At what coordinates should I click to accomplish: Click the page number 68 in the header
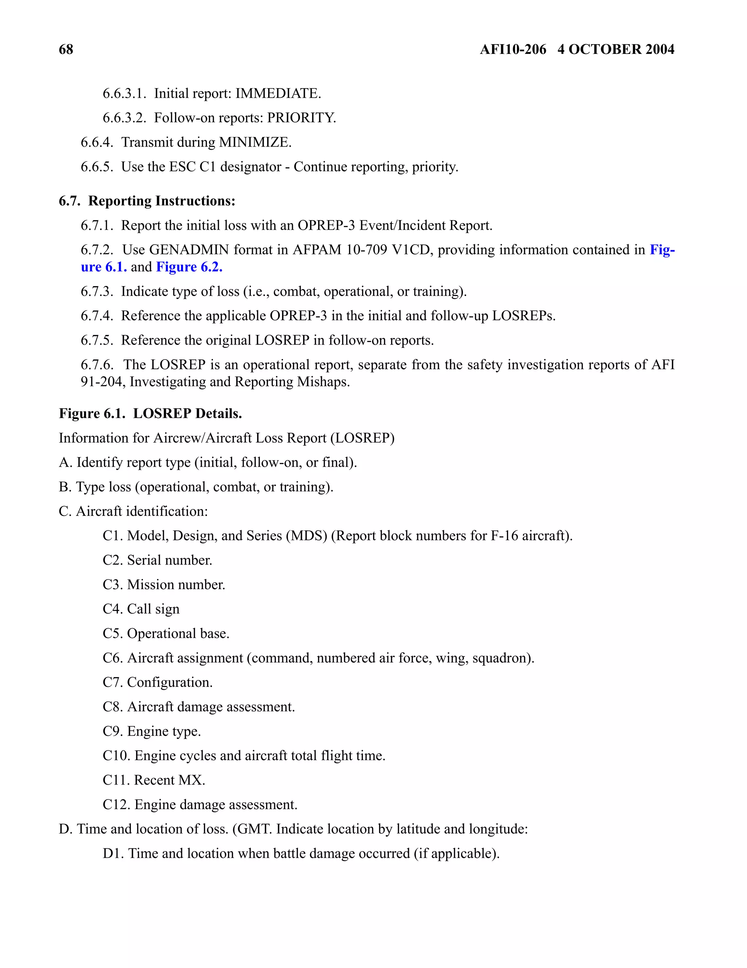(x=66, y=49)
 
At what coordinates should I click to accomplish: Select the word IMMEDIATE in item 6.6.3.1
(x=278, y=94)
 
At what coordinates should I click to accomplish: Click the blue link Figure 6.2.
(x=189, y=267)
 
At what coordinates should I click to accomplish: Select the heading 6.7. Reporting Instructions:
(x=147, y=201)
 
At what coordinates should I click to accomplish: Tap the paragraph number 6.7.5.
(x=97, y=341)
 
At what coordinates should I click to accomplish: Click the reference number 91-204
(x=103, y=382)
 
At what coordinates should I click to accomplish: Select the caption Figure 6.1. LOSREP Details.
(x=150, y=413)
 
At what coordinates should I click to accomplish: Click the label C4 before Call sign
(x=113, y=609)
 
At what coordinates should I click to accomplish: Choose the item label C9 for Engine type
(x=113, y=731)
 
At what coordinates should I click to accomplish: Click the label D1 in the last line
(x=113, y=853)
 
